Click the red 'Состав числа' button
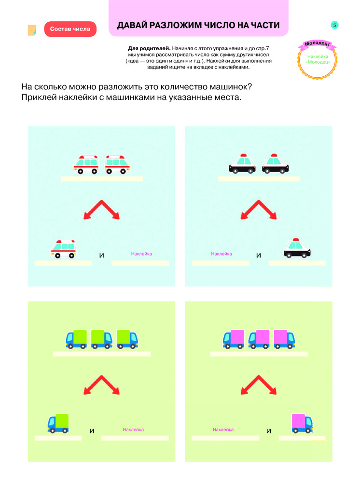click(x=70, y=29)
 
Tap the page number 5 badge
click(x=334, y=25)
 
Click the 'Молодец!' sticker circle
click(x=318, y=59)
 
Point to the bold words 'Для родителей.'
click(x=149, y=48)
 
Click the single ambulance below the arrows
click(x=63, y=249)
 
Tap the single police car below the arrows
click(x=297, y=248)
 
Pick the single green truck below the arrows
click(x=58, y=423)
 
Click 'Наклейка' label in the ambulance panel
click(x=141, y=254)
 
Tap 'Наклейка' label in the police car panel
click(x=222, y=254)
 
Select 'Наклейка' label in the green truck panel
click(x=133, y=429)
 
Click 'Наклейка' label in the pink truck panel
click(x=223, y=429)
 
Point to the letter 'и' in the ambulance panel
click(x=101, y=256)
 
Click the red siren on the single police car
click(x=296, y=240)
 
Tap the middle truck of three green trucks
click(x=102, y=339)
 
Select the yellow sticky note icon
click(x=32, y=30)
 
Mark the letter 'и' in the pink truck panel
click(x=269, y=431)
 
